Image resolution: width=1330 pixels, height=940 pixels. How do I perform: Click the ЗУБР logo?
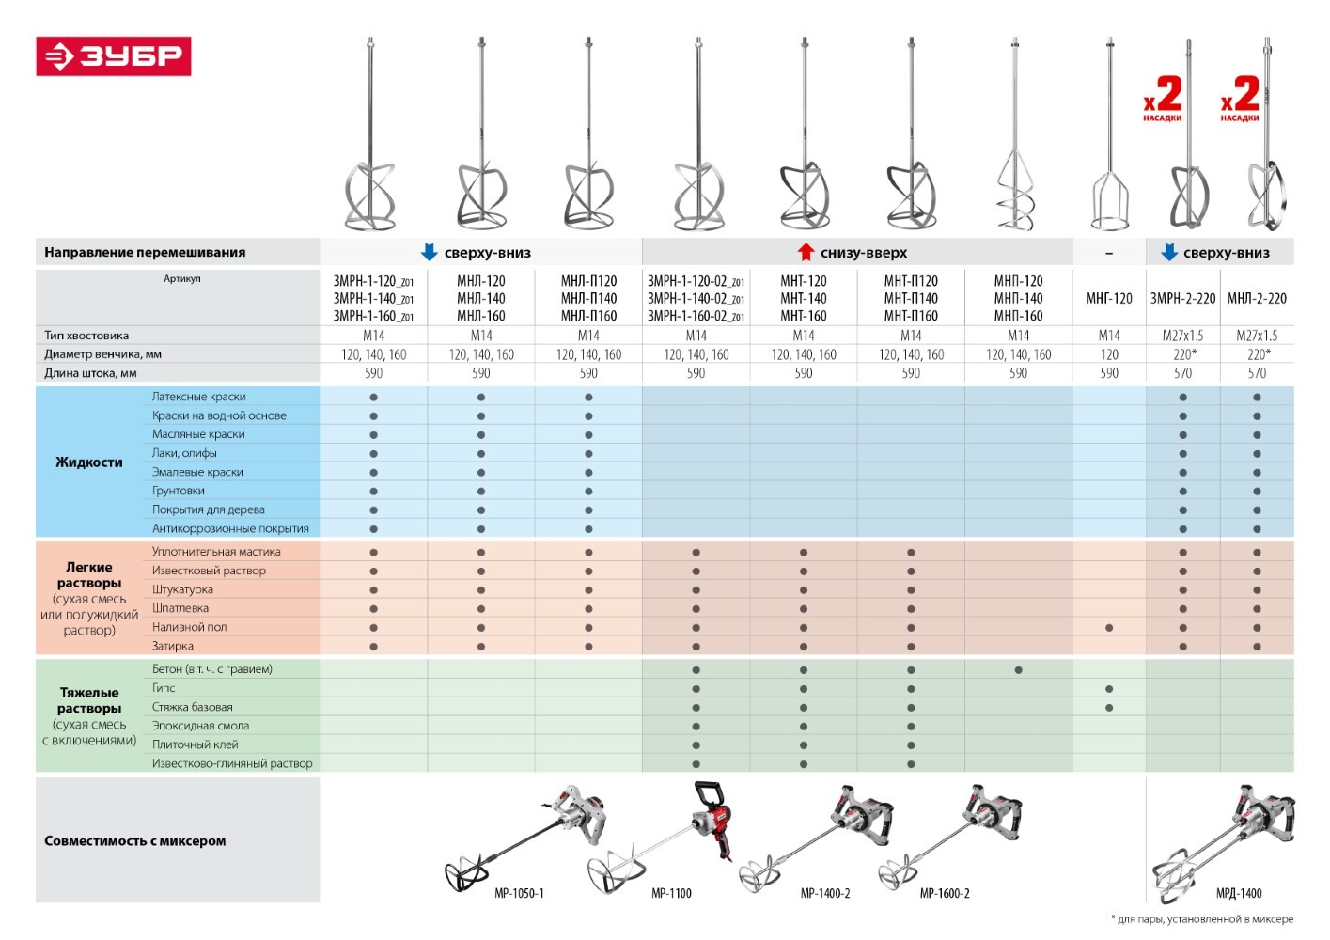click(x=114, y=55)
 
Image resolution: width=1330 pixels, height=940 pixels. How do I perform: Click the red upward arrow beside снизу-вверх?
click(x=806, y=252)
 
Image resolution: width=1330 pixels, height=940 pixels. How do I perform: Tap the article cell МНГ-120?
click(x=1109, y=298)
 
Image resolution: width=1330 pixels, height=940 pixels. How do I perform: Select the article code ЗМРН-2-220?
click(x=1182, y=298)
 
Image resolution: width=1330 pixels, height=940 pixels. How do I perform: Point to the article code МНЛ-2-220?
click(x=1257, y=298)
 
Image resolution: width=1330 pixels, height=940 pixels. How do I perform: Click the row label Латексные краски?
click(x=199, y=397)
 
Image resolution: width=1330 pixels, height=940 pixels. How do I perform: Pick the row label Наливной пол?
click(x=190, y=627)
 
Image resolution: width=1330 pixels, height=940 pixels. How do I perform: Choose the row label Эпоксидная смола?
click(x=201, y=726)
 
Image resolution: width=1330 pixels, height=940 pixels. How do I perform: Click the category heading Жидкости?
click(x=89, y=462)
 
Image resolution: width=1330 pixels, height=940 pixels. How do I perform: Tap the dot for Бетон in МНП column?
click(x=1018, y=670)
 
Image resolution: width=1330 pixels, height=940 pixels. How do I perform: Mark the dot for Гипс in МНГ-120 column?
click(x=1109, y=689)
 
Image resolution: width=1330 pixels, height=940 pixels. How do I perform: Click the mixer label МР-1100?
click(x=671, y=893)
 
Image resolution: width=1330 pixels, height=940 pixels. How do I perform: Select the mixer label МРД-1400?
click(x=1239, y=893)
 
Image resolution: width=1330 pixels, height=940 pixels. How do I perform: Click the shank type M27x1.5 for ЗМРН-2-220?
click(x=1182, y=336)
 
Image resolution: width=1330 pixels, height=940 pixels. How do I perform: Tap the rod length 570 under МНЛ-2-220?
click(x=1257, y=373)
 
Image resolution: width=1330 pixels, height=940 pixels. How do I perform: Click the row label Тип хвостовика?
click(x=86, y=336)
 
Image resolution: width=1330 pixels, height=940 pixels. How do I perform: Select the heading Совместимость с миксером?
click(x=134, y=841)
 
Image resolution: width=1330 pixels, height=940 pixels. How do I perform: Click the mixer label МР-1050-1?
click(x=519, y=893)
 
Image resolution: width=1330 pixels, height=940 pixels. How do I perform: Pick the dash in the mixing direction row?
click(x=1109, y=253)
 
